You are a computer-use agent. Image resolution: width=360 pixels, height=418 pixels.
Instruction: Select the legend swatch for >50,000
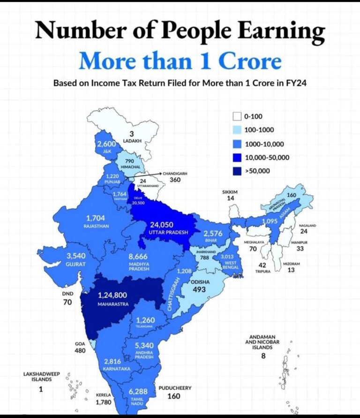coord(237,171)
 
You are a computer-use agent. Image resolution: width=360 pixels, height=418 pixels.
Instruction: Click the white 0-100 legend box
coord(237,116)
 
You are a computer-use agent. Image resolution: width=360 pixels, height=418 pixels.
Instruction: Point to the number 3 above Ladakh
coord(132,134)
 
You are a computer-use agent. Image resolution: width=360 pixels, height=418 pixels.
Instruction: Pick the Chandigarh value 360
coord(175,180)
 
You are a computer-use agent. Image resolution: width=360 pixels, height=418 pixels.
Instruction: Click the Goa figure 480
coord(80,350)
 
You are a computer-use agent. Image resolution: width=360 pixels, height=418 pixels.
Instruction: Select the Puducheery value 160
coord(174,396)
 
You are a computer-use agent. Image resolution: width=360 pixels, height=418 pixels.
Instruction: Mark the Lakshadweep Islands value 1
coord(41,389)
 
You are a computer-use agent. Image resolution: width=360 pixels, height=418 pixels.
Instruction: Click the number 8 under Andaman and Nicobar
coord(263,356)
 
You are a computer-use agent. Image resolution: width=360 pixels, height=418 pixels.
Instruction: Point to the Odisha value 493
coord(200,289)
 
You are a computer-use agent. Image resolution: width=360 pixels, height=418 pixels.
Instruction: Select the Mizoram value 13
coord(291,270)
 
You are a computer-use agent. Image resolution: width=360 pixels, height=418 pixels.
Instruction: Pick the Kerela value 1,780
coord(104,402)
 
